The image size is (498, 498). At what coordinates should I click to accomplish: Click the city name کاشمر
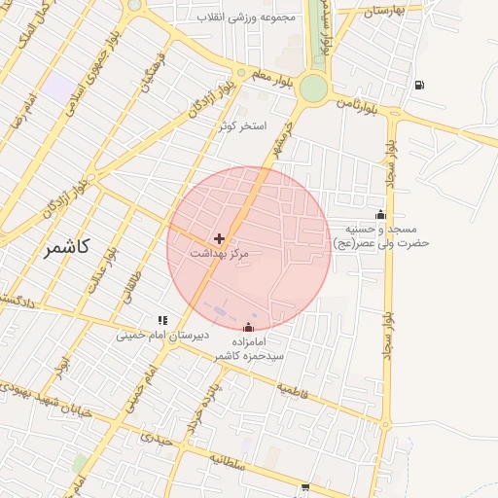(66, 247)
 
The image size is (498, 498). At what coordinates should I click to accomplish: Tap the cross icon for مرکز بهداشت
(220, 238)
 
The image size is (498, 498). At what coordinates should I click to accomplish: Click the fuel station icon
(419, 85)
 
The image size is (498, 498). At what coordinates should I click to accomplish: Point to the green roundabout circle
(313, 89)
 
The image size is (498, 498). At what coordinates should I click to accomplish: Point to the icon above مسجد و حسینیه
(380, 215)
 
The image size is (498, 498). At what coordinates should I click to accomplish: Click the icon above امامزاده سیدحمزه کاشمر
(250, 328)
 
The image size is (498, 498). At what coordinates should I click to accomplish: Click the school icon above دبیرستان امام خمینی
(163, 319)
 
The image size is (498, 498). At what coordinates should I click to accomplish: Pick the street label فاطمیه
(295, 388)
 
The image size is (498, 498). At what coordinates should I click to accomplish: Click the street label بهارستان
(381, 12)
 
